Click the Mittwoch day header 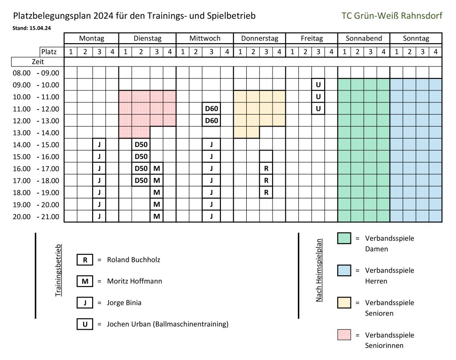(x=205, y=38)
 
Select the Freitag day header (x=311, y=38)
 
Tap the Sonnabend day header (x=364, y=38)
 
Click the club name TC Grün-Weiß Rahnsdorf (x=392, y=16)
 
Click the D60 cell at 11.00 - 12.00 (x=212, y=108)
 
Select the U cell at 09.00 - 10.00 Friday (x=318, y=84)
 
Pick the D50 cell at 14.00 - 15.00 (x=141, y=144)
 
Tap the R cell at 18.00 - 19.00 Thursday (x=266, y=192)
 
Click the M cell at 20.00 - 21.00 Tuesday (x=156, y=217)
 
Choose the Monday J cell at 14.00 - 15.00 (x=99, y=144)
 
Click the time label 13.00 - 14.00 (x=36, y=132)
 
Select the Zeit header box (x=38, y=62)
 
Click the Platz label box (x=52, y=52)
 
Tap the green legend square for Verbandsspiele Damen (x=344, y=238)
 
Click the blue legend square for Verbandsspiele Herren (x=344, y=270)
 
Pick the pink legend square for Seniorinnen (x=344, y=335)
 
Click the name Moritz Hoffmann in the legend (x=134, y=281)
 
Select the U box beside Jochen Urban (x=85, y=324)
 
